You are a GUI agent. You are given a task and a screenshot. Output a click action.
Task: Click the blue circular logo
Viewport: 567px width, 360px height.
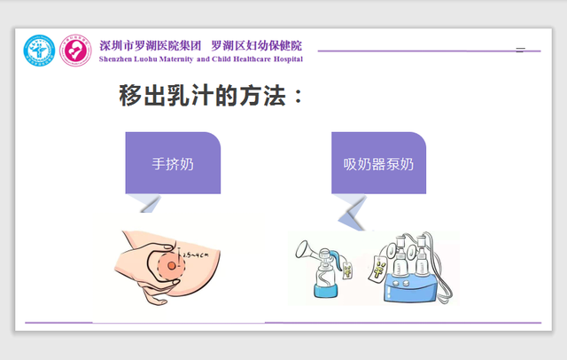click(39, 51)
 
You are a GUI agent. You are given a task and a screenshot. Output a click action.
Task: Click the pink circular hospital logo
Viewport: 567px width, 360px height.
click(75, 51)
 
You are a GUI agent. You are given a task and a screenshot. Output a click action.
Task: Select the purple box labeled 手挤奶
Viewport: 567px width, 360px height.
click(172, 163)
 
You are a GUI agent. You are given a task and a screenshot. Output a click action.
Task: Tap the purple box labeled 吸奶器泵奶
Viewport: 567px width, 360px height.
click(378, 163)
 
